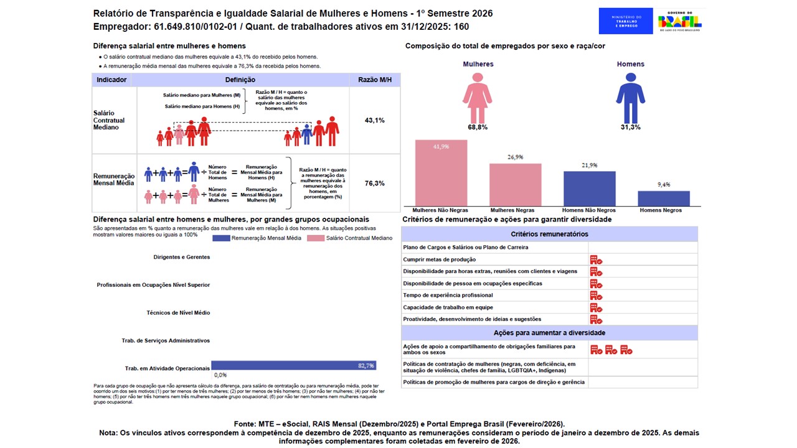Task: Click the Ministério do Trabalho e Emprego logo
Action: point(625,21)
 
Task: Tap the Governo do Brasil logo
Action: point(680,21)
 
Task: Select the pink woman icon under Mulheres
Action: point(478,98)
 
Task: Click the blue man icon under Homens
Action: point(630,98)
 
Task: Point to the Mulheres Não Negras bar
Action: point(441,173)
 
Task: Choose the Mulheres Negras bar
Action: point(515,184)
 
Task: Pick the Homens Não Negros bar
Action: point(589,189)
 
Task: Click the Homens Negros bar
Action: point(664,198)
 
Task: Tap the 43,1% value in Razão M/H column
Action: point(374,120)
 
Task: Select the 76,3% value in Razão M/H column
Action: point(374,184)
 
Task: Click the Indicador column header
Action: point(112,80)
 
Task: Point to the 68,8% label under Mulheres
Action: point(478,127)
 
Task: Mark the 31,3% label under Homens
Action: point(630,127)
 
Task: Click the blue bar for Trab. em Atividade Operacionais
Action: point(293,365)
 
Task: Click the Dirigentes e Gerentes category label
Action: point(181,257)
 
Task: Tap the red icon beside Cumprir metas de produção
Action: point(596,259)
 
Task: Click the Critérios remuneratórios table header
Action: point(549,234)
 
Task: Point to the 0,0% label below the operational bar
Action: point(220,375)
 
